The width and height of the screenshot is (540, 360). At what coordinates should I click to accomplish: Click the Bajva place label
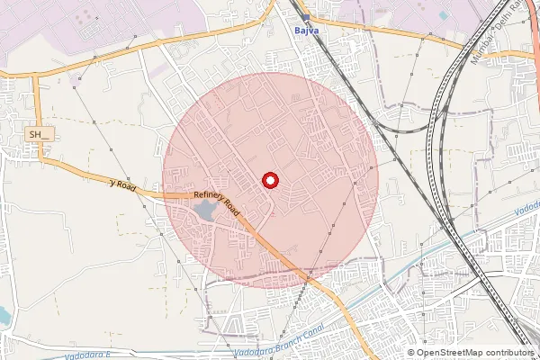coord(307,29)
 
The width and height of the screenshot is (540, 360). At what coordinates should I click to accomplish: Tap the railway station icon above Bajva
coord(306,17)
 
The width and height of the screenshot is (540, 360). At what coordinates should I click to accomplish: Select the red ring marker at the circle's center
coord(269,180)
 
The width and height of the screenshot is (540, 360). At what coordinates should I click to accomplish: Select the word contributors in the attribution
coord(510,352)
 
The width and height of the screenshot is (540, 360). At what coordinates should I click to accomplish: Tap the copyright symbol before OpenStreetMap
coord(410,352)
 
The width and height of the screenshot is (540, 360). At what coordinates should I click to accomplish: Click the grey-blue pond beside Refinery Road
coord(203,211)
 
